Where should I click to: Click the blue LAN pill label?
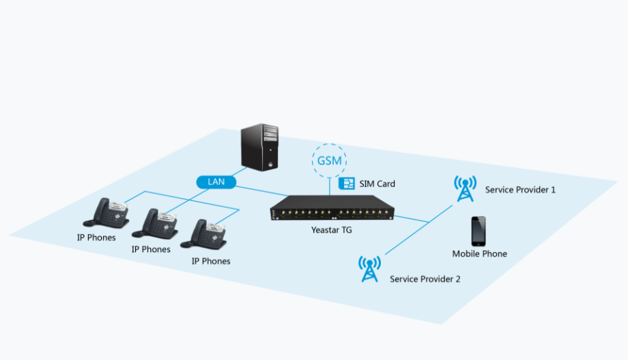tap(216, 182)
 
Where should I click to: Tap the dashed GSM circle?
tap(330, 161)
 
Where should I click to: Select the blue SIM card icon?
tap(347, 184)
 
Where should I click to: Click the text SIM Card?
tap(377, 184)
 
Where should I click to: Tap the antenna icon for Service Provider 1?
tap(465, 189)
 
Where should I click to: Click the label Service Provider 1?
tap(520, 189)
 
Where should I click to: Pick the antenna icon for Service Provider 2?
tap(369, 269)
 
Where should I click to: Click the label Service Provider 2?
tap(425, 279)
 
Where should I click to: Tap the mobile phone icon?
tap(479, 231)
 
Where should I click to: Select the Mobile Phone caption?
tap(480, 254)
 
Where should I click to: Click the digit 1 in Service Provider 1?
tap(553, 189)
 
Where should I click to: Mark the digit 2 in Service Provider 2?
tap(457, 279)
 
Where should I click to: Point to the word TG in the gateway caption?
tap(347, 230)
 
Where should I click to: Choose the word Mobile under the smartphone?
tap(466, 254)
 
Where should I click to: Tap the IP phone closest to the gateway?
tap(208, 234)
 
